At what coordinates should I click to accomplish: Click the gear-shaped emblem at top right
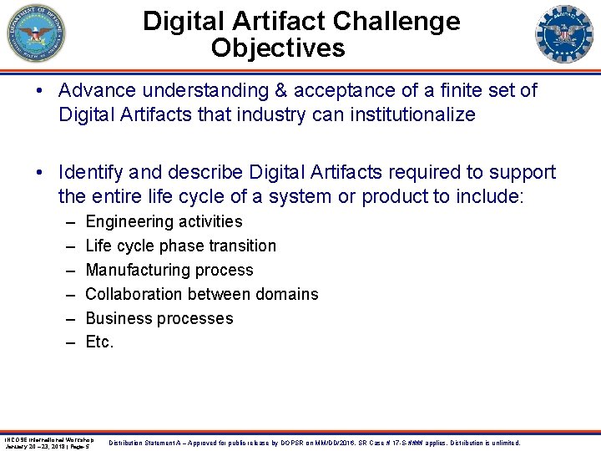coord(563,34)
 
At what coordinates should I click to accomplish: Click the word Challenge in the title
coord(401,21)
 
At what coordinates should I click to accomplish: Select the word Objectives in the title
coord(278,48)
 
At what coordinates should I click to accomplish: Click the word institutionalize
coord(407,114)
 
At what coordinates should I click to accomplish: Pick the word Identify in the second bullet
coord(89,172)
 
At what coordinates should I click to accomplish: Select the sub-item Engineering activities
coord(164,221)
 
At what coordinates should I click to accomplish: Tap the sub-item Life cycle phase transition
coord(180,246)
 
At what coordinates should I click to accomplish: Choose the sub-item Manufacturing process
coord(169,270)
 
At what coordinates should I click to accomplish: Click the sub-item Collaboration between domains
coord(202,294)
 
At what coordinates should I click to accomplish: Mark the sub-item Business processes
coord(159,318)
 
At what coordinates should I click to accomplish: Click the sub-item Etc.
coord(99,342)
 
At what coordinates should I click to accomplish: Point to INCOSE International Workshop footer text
coord(48,439)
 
